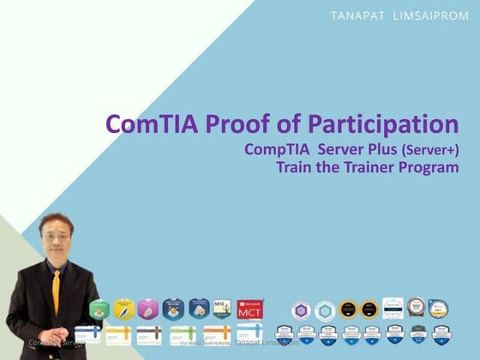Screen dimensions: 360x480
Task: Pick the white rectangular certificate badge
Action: click(x=393, y=307)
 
